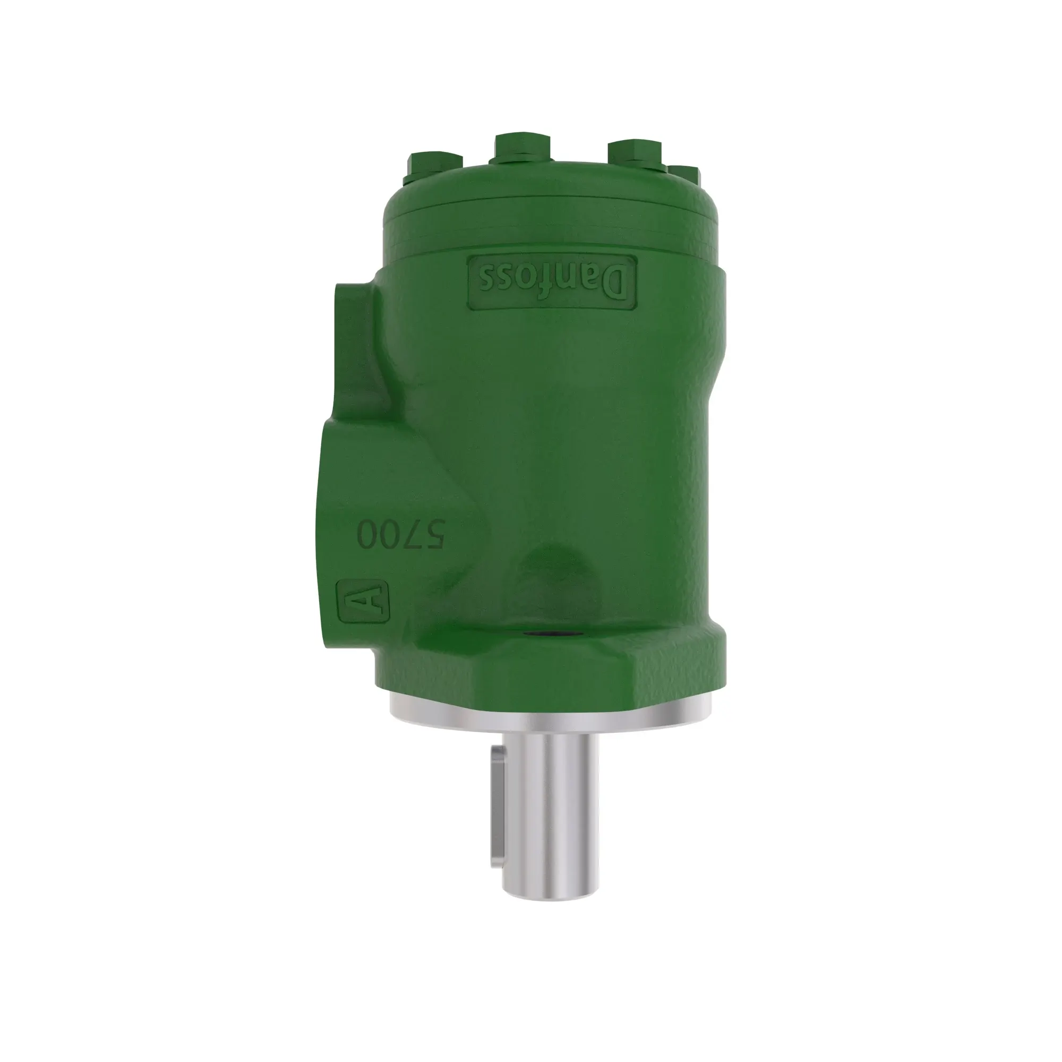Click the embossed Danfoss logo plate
[552, 281]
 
